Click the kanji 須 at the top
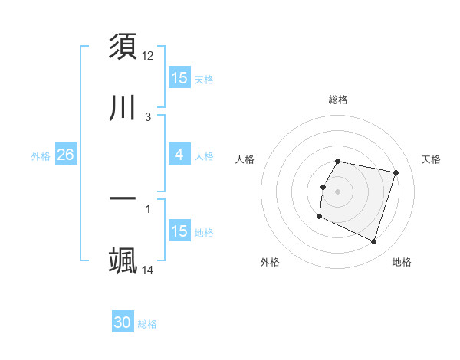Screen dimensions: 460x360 (x=123, y=48)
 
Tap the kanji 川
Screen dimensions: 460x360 (x=123, y=108)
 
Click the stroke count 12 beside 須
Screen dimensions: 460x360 (x=148, y=56)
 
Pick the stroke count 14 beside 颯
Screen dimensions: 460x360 (x=148, y=270)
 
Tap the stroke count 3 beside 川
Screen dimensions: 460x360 (x=148, y=117)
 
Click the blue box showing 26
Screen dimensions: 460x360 (x=65, y=155)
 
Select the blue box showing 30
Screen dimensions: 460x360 (x=123, y=322)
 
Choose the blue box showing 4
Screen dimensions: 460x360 (x=179, y=155)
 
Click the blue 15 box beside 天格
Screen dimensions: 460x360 (x=179, y=78)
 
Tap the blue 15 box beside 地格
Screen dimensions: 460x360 (x=179, y=231)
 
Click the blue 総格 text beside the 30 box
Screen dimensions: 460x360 (x=147, y=324)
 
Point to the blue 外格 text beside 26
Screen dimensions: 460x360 (x=41, y=156)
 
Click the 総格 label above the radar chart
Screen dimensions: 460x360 (x=338, y=100)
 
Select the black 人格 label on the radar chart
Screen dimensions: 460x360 (x=245, y=159)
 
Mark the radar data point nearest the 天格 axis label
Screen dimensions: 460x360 (x=396, y=173)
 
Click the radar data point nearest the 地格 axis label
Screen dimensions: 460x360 (x=374, y=242)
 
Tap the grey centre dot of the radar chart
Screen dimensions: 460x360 (x=338, y=191)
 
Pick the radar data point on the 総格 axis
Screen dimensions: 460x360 (x=338, y=161)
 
